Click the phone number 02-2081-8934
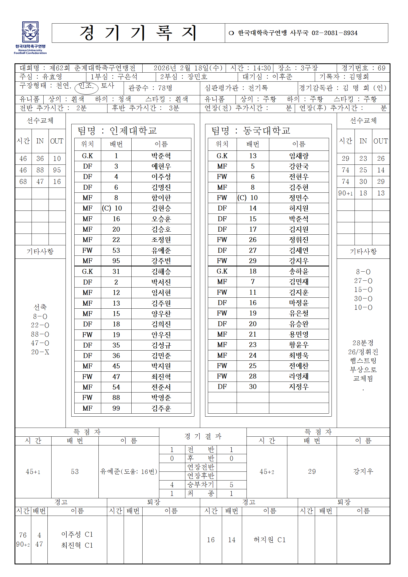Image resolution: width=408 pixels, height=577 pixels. (x=334, y=33)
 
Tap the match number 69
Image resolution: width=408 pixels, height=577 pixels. (x=381, y=68)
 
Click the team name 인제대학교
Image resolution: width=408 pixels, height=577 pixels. (x=133, y=131)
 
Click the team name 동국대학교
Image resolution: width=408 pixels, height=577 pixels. (x=267, y=131)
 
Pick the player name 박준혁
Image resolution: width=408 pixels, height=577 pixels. (x=161, y=156)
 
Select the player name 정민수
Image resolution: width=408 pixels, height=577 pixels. (x=299, y=198)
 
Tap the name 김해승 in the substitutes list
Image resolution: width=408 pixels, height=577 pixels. (x=161, y=272)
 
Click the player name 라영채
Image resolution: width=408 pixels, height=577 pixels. (x=299, y=376)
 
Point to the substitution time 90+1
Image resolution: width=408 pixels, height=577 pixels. (x=345, y=193)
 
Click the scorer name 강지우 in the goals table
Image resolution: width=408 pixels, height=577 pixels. (x=363, y=471)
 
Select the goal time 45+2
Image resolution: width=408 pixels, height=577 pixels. (x=267, y=472)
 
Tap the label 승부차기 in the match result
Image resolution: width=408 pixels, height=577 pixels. (x=200, y=485)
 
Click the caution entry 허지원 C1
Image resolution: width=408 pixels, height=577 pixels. (x=270, y=540)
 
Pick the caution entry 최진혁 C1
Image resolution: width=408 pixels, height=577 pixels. (x=77, y=545)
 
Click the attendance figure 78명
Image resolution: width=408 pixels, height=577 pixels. (x=165, y=88)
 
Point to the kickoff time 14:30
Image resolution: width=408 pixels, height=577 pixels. (x=262, y=68)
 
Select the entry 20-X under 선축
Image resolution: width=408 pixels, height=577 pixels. (x=40, y=352)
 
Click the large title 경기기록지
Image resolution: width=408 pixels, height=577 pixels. (x=138, y=33)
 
